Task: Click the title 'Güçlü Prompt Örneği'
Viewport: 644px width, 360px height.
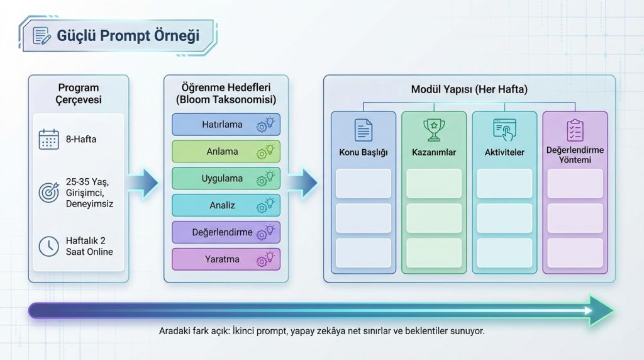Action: [x=128, y=35]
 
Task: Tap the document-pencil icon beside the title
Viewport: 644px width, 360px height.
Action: [x=42, y=35]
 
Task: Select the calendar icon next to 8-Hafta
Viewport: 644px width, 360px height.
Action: [x=48, y=138]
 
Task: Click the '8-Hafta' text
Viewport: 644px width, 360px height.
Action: [x=82, y=138]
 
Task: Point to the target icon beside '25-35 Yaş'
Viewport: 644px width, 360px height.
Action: [x=48, y=193]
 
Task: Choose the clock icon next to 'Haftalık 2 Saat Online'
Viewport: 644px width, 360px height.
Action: [x=48, y=246]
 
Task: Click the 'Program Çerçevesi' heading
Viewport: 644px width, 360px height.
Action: [x=79, y=94]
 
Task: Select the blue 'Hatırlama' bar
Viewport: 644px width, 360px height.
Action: [x=226, y=125]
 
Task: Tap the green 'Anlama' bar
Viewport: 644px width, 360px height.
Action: [x=226, y=152]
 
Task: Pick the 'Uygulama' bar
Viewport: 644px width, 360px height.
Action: [x=226, y=179]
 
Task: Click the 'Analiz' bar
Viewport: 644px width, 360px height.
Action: [x=226, y=205]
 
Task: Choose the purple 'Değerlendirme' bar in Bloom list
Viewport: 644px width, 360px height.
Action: [x=226, y=232]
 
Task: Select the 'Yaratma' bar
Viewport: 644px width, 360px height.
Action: [x=226, y=259]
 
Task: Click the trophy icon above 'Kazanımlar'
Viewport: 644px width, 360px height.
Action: [x=434, y=129]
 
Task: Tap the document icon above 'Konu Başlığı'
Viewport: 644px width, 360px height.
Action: [x=364, y=129]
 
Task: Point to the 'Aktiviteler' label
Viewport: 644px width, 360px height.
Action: [x=504, y=152]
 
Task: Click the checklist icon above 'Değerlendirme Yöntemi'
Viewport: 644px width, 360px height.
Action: [x=574, y=130]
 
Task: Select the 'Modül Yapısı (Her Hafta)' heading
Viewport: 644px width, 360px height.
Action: [x=469, y=89]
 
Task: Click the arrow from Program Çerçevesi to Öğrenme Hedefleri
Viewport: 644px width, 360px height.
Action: [x=144, y=183]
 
